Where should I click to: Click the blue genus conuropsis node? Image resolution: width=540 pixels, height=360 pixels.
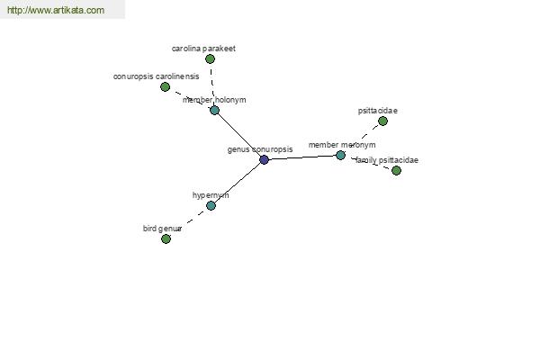264,160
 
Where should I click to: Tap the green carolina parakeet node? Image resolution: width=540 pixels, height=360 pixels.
210,58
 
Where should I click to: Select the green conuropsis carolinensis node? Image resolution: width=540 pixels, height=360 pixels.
166,86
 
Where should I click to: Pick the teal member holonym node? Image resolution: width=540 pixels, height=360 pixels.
214,110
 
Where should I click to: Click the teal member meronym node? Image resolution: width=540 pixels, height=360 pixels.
340,156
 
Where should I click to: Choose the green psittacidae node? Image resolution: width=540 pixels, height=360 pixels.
383,121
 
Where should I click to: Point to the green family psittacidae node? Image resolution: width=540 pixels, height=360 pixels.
396,170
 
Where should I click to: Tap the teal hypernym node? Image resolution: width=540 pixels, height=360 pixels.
211,206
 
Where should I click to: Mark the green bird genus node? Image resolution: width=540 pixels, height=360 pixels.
166,238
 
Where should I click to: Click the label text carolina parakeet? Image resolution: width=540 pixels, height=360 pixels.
203,49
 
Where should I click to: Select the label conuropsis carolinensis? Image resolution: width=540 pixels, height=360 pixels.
157,76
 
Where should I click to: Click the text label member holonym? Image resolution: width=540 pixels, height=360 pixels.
214,100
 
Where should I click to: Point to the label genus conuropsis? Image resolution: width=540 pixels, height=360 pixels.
260,149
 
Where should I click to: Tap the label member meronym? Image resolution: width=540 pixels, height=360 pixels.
342,145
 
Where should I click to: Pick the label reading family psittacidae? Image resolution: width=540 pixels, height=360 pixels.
387,160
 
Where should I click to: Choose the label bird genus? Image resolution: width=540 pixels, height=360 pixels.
162,229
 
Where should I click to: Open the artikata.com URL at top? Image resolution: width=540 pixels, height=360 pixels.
56,10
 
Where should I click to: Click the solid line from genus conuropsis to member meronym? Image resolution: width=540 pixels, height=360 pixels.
302,157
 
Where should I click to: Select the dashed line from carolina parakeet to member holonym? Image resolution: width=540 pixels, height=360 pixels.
211,85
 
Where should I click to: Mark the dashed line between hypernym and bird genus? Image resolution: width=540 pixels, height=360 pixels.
189,222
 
